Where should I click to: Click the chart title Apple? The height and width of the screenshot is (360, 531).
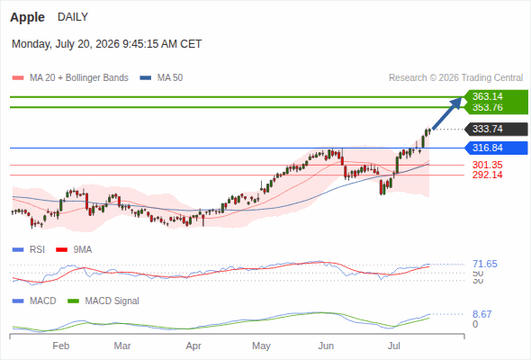click(27, 17)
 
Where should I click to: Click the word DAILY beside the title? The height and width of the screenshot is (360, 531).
click(73, 17)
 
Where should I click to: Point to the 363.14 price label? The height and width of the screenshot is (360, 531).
click(487, 96)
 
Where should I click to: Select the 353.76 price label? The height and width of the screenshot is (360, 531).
click(487, 107)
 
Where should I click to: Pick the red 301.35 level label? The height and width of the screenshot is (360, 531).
click(487, 165)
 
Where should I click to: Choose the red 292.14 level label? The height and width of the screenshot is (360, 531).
click(487, 175)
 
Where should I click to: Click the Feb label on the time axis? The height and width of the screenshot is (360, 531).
click(61, 346)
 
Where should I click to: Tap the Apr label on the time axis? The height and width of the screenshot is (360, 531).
click(193, 346)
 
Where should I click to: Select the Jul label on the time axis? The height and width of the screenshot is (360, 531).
click(394, 346)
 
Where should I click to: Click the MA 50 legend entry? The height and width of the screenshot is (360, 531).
click(161, 78)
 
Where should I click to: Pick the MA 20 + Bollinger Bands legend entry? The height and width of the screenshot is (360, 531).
click(70, 78)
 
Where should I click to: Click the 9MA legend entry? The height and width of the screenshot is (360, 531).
click(74, 250)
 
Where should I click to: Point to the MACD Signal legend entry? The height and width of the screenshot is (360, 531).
click(103, 301)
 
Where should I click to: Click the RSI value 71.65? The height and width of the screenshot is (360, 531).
click(485, 264)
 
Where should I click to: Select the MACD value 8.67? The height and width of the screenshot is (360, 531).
click(481, 314)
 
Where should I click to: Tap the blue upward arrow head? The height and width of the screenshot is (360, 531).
click(457, 102)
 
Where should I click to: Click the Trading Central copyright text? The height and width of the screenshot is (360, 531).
click(455, 78)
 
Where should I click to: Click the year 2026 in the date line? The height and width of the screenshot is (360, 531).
click(107, 44)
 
